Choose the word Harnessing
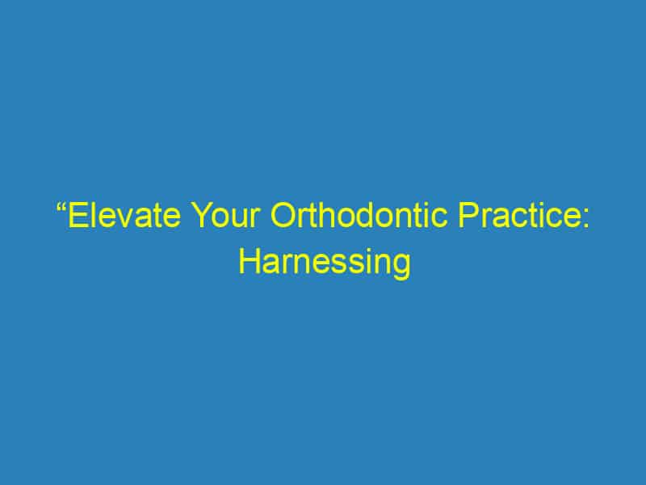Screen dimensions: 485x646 click(323, 264)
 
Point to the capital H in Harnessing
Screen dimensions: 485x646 click(248, 264)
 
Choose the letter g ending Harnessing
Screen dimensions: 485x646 click(400, 268)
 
